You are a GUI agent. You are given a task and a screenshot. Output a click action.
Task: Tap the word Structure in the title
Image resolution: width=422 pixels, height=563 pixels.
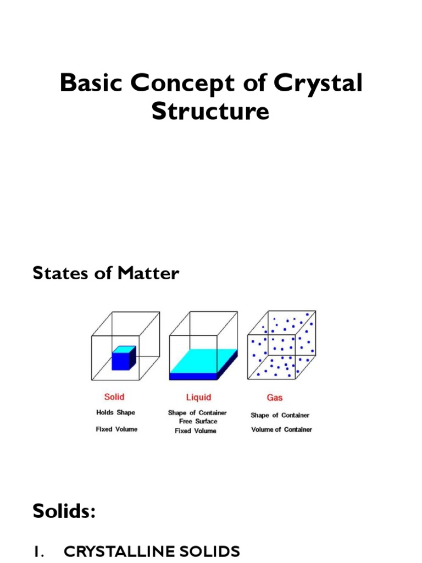[x=210, y=112]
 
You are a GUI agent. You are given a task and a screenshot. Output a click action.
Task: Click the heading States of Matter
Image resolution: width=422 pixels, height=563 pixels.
[x=106, y=273]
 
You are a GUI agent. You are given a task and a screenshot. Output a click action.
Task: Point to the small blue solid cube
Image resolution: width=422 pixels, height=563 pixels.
[x=123, y=358]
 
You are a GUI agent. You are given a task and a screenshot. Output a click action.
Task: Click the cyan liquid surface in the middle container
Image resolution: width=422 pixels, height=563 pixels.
[x=203, y=362]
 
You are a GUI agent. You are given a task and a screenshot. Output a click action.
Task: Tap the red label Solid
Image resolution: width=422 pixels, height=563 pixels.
[x=114, y=397]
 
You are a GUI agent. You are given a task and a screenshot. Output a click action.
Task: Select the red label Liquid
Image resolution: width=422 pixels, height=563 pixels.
[x=198, y=397]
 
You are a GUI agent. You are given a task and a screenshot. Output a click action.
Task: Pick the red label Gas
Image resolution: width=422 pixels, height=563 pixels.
[x=274, y=397]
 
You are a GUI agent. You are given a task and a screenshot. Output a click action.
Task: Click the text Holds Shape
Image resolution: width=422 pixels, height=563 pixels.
[x=115, y=412]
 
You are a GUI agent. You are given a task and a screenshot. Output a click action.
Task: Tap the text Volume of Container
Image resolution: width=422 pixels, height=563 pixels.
[x=281, y=429]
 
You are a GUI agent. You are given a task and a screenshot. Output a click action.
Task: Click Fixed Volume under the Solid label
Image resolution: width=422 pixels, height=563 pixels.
[x=116, y=429]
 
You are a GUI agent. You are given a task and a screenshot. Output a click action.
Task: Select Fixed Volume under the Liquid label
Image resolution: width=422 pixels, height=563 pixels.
[x=196, y=431]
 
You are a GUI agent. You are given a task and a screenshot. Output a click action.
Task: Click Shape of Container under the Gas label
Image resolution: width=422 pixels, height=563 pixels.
[x=280, y=416]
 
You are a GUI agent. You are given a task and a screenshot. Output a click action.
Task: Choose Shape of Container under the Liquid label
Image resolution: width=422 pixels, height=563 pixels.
[x=197, y=412]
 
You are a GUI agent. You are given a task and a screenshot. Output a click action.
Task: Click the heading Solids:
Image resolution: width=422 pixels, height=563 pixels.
[x=64, y=511]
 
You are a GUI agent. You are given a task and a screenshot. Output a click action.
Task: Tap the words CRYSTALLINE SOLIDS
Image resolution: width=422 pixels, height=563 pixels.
[x=152, y=551]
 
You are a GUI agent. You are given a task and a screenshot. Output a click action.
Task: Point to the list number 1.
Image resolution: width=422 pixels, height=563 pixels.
[x=38, y=551]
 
